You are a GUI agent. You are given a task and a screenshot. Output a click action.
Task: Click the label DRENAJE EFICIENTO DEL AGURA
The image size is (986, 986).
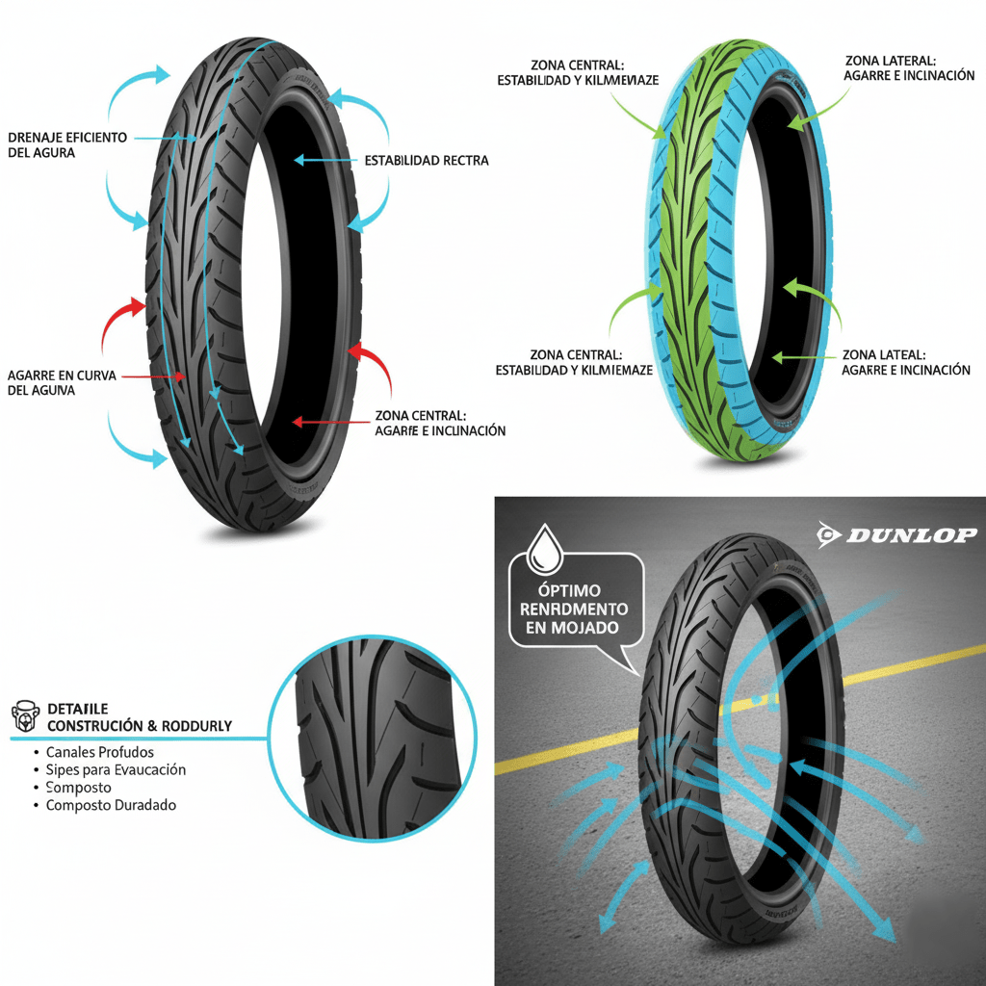click(x=66, y=144)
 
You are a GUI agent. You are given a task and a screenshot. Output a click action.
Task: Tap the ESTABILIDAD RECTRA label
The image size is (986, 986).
click(x=427, y=161)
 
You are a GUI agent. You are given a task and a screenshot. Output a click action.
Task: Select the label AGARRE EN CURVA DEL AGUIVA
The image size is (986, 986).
click(x=61, y=382)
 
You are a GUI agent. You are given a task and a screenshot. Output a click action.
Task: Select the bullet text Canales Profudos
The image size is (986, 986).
click(x=99, y=751)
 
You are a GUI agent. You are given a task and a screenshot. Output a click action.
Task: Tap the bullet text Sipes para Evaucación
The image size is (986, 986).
click(x=116, y=769)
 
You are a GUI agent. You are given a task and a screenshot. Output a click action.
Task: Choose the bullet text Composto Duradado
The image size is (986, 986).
click(x=111, y=804)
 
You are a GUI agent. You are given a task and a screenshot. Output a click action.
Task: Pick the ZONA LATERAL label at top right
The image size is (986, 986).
click(x=909, y=67)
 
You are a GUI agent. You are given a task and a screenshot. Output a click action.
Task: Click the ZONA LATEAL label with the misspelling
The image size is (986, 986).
click(x=905, y=362)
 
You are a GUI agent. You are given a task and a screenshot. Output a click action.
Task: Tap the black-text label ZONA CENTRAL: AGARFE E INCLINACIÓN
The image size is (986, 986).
click(x=439, y=423)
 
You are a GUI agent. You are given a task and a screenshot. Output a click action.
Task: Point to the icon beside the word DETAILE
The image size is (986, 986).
click(x=23, y=716)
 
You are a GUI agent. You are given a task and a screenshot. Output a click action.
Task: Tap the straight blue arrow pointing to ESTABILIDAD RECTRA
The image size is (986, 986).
click(x=324, y=161)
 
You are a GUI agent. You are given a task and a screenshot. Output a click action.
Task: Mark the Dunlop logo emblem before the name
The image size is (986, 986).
click(x=828, y=535)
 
